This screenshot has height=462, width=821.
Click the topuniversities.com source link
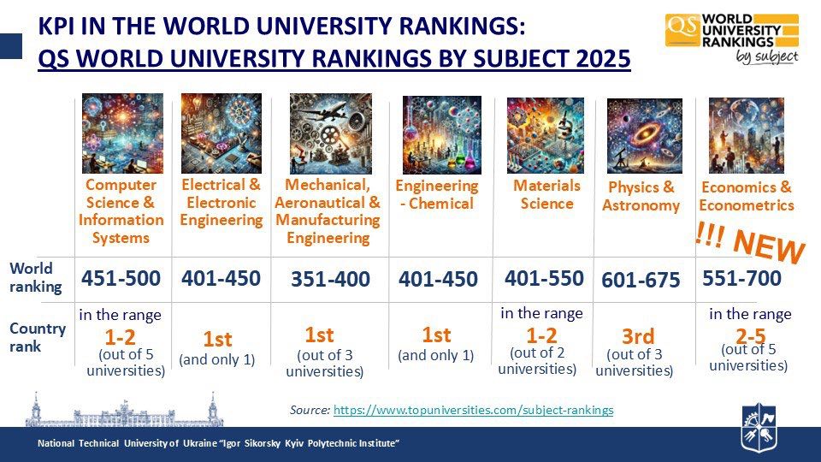[x=473, y=410]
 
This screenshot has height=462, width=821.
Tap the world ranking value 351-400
[x=330, y=280]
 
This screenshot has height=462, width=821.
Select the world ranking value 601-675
[x=641, y=280]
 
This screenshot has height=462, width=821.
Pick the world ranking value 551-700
[x=741, y=278]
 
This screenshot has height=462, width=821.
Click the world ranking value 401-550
[x=544, y=278]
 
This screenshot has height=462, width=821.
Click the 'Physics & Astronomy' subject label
[x=641, y=196]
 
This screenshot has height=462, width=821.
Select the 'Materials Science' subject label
[x=546, y=194]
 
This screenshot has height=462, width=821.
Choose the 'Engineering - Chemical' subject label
[x=436, y=194]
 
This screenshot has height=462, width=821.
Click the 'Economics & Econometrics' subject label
[x=746, y=196]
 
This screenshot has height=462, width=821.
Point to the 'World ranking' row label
[x=35, y=277]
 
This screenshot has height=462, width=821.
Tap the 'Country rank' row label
[x=38, y=337]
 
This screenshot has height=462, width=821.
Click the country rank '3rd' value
[x=638, y=335]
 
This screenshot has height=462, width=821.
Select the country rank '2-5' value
[x=750, y=335]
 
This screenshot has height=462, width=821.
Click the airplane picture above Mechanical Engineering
[x=330, y=133]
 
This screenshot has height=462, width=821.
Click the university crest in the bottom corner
[x=758, y=427]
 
